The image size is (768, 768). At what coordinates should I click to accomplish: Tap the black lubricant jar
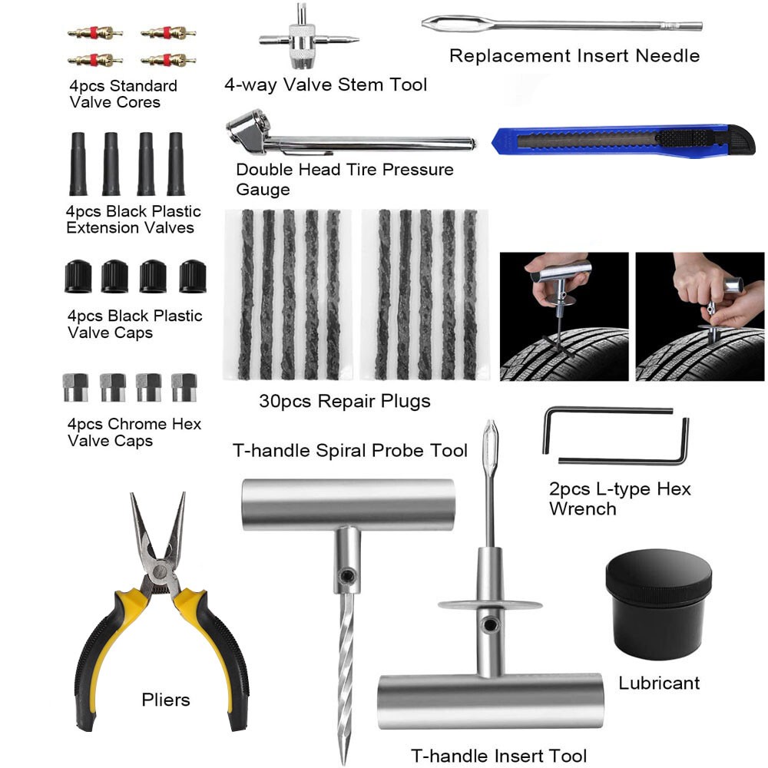point(659,604)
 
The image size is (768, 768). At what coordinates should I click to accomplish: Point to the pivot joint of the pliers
point(159,571)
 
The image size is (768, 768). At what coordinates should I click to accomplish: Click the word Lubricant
point(659,683)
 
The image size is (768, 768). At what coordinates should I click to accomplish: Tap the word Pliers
point(166,700)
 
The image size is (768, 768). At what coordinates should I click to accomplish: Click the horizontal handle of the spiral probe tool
point(348,505)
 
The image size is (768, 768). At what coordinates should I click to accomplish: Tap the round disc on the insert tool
point(490,605)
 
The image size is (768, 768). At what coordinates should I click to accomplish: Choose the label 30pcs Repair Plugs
point(344,401)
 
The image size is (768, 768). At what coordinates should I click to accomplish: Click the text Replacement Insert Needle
point(574,56)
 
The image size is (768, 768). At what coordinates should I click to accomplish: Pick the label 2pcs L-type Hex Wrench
point(620,498)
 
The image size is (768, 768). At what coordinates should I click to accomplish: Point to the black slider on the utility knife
point(686,137)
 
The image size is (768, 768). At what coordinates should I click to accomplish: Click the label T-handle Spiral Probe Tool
point(349,451)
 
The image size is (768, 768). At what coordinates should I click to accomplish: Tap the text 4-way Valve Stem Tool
point(325,84)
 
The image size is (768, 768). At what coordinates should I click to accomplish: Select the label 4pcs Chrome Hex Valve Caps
point(134,432)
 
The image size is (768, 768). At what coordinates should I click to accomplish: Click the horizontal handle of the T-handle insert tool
point(490,701)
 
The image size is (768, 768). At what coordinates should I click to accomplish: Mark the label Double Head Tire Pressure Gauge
point(344,179)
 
